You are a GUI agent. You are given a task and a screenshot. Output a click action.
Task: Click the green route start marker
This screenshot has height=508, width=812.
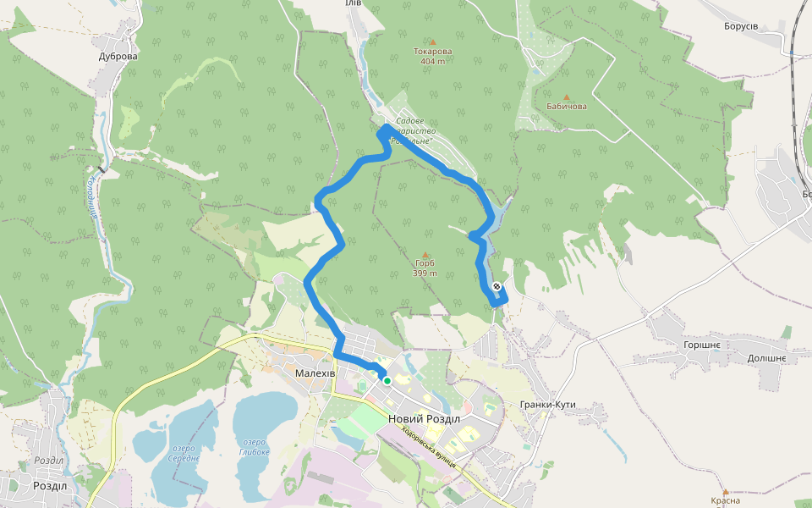point(387,381)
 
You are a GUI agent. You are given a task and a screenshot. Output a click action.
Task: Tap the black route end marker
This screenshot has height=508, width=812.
point(497,286)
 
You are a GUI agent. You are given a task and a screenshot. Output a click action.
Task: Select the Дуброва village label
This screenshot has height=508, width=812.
point(118,57)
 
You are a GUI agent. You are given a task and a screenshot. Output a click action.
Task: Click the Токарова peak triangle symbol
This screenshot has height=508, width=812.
point(433,41)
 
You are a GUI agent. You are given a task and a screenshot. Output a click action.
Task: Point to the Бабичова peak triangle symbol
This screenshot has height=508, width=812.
point(567,97)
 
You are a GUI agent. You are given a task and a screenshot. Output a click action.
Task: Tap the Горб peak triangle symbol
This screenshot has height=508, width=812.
point(425,254)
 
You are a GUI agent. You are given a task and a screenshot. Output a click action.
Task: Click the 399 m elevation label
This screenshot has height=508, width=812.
point(425,273)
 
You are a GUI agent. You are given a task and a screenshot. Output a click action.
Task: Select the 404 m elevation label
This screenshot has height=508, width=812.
point(432,61)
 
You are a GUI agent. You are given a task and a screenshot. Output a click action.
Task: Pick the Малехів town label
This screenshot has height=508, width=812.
point(316,373)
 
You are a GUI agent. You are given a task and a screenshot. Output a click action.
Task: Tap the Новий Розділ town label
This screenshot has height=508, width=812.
point(424,419)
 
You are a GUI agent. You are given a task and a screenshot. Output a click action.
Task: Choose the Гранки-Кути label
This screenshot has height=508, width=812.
point(548,405)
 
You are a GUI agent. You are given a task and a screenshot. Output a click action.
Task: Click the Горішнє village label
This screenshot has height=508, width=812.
point(701,345)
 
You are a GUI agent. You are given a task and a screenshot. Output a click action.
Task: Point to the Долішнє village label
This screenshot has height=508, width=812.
point(766,359)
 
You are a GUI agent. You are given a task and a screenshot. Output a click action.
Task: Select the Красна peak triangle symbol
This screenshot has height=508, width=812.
point(725,491)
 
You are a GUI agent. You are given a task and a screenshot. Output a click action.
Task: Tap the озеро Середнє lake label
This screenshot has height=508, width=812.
point(184,453)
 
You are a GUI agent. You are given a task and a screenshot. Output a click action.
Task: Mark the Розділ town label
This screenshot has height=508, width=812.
point(49,486)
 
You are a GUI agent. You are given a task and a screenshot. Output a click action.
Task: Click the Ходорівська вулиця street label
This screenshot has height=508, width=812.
point(430,447)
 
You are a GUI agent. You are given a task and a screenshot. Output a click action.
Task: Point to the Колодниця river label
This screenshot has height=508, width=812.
point(92,202)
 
